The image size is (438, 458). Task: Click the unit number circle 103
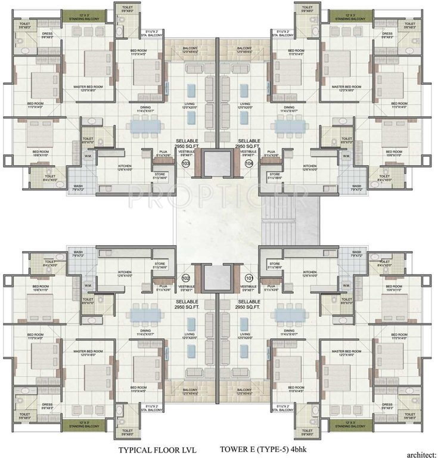186,163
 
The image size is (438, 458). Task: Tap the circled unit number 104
249,163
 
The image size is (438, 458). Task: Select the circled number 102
186,277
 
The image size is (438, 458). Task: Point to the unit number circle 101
249,277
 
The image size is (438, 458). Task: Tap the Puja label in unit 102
162,288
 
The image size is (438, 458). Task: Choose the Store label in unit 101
275,264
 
